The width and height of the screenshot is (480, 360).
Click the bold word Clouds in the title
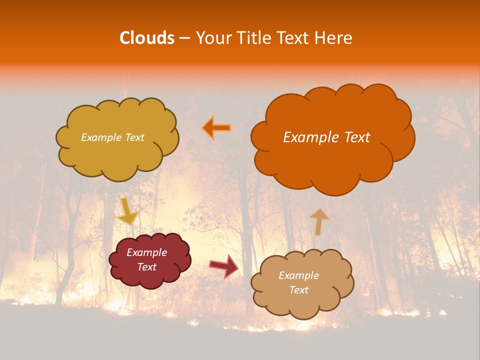point(147,38)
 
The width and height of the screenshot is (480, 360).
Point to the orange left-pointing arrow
point(216,128)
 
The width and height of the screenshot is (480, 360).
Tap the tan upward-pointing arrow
point(319,222)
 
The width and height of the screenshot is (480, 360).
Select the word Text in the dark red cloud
point(147,267)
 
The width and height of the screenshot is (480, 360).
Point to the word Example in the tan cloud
point(298,275)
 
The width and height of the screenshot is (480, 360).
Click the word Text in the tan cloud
point(298,290)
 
